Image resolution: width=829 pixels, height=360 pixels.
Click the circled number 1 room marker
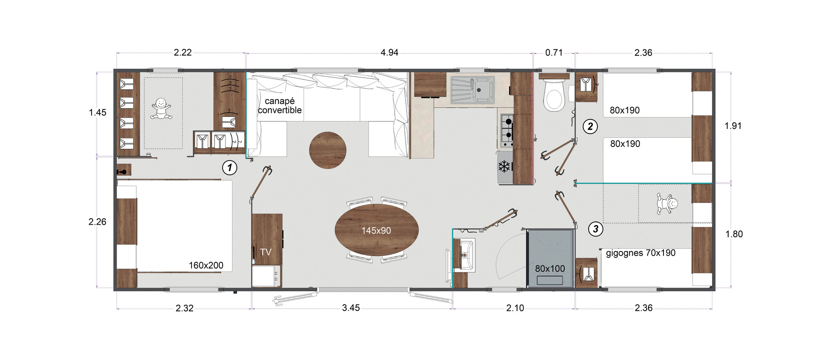(x=230, y=167)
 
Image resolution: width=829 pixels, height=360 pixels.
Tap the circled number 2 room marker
(x=590, y=127)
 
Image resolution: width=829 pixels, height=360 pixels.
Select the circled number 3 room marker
(x=595, y=229)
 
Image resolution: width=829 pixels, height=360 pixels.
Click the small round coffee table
(x=327, y=150)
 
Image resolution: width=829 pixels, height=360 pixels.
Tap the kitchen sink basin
(x=483, y=89)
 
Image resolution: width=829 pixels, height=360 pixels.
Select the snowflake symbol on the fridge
(x=504, y=166)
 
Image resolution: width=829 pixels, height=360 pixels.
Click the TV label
(x=266, y=252)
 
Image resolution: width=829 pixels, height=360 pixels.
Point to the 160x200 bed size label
(x=206, y=266)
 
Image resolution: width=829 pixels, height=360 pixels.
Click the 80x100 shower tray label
(x=550, y=268)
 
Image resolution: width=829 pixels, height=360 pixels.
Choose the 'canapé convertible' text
(x=280, y=106)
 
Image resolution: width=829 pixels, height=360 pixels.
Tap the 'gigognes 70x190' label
(x=641, y=253)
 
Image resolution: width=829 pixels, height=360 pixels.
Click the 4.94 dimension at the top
(x=389, y=53)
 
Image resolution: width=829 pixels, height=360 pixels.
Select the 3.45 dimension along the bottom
(x=351, y=308)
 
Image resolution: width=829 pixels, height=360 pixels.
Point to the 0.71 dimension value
(x=554, y=53)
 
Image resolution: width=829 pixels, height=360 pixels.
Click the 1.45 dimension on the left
(x=98, y=113)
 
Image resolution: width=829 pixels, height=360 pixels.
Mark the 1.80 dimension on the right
(x=734, y=234)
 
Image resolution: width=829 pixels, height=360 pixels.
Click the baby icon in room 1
(x=161, y=109)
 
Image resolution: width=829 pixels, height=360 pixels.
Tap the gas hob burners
(x=507, y=130)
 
